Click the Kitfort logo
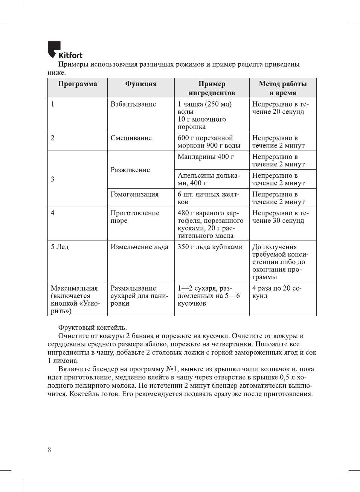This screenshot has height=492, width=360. tap(65, 50)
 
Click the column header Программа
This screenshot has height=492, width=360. tap(78, 84)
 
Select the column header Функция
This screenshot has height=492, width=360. tap(141, 84)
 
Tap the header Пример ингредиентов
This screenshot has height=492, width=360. tap(212, 88)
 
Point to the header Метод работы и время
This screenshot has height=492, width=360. tap(282, 88)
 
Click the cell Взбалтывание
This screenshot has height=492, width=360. tap(133, 104)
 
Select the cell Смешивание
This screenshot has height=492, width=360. tap(131, 138)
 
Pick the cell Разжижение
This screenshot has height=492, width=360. tap(130, 170)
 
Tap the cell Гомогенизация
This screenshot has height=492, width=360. tap(134, 194)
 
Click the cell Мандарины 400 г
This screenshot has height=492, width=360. tap(206, 157)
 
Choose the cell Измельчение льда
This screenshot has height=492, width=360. tap(139, 247)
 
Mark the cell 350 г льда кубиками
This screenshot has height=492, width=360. tap(210, 247)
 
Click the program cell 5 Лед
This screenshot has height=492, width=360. tap(60, 247)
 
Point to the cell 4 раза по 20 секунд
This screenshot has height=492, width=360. tap(277, 292)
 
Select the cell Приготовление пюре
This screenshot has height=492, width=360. tap(135, 217)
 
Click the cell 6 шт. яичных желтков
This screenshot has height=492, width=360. tap(208, 198)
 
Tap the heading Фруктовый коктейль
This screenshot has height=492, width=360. tap(92, 327)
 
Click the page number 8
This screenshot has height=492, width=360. tap(49, 449)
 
